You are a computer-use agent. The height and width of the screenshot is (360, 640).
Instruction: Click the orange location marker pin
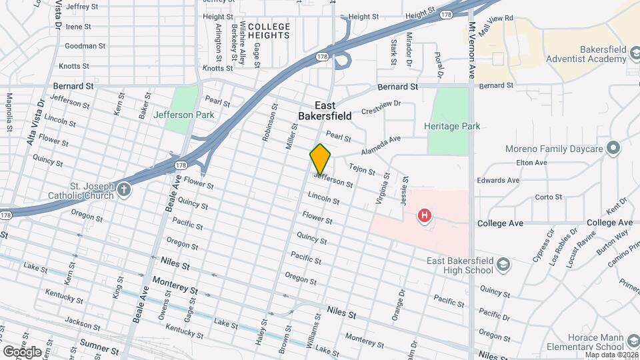click(x=321, y=159)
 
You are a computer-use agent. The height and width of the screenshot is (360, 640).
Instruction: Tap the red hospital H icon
click(x=423, y=215)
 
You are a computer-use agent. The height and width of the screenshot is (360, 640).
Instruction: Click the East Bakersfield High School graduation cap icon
click(x=504, y=265)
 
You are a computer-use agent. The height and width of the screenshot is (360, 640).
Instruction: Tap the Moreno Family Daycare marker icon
click(x=613, y=148)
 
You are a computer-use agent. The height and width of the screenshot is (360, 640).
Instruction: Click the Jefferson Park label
click(x=184, y=115)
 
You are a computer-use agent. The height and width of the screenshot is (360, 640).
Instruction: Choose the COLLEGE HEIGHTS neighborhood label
click(x=269, y=31)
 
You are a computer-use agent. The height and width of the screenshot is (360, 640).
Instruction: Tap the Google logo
click(x=22, y=351)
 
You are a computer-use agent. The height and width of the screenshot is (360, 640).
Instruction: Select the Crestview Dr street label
click(x=381, y=106)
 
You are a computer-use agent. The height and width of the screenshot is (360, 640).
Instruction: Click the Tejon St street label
click(x=362, y=170)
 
